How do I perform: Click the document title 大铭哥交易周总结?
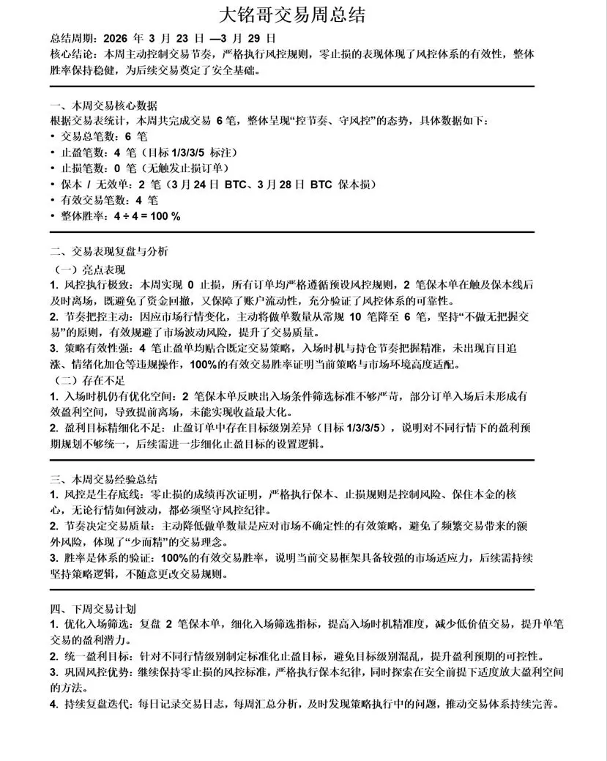pyautogui.click(x=302, y=14)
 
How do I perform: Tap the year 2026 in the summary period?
pyautogui.click(x=118, y=39)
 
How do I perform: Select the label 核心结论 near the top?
pyautogui.click(x=74, y=55)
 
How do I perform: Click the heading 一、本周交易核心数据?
pyautogui.click(x=103, y=105)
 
